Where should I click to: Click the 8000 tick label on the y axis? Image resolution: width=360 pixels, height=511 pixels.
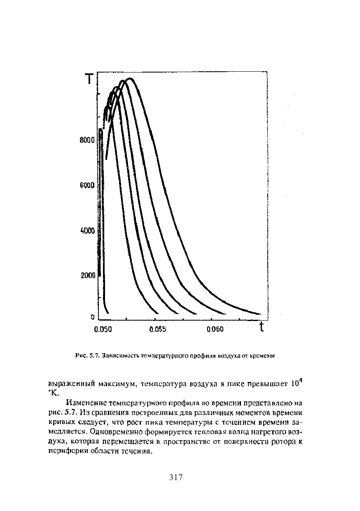(87, 141)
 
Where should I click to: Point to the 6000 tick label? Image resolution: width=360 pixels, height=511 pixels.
(87, 186)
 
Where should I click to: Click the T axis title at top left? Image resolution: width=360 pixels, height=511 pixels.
(89, 79)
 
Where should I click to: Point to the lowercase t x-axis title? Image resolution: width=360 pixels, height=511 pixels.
(261, 328)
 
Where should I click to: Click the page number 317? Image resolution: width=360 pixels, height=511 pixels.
(176, 478)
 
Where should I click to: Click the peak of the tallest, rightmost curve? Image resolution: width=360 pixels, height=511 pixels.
(129, 78)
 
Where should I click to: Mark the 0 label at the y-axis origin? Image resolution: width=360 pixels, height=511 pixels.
(92, 317)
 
